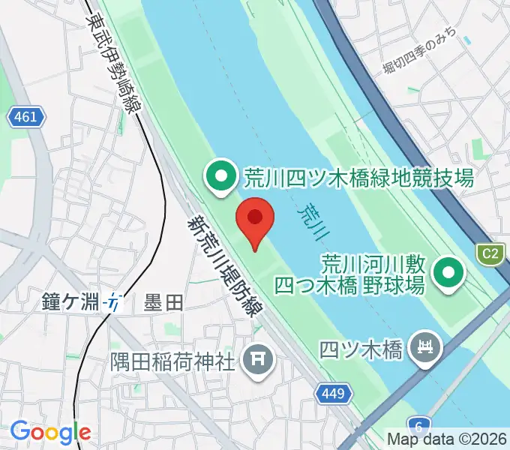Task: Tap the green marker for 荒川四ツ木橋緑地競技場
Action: (220, 178)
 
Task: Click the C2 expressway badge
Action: (490, 253)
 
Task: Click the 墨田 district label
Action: (163, 303)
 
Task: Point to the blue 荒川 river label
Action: (314, 222)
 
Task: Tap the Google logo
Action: (50, 432)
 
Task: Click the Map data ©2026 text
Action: (448, 439)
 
